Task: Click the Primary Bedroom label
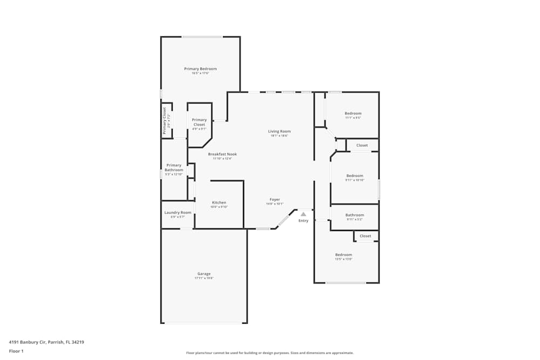pyautogui.click(x=200, y=69)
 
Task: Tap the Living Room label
pyautogui.click(x=279, y=131)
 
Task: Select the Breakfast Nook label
pyautogui.click(x=222, y=154)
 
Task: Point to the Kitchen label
pyautogui.click(x=219, y=202)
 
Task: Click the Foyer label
pyautogui.click(x=274, y=199)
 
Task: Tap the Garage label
pyautogui.click(x=204, y=274)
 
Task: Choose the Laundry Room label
pyautogui.click(x=178, y=213)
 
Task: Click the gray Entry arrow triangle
pyautogui.click(x=303, y=214)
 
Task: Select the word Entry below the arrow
pyautogui.click(x=303, y=220)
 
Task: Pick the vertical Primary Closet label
pyautogui.click(x=165, y=120)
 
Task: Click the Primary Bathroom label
pyautogui.click(x=174, y=167)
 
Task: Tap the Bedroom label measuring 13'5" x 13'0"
pyautogui.click(x=343, y=255)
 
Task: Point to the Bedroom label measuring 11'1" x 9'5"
pyautogui.click(x=353, y=113)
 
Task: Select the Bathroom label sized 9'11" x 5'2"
pyautogui.click(x=355, y=215)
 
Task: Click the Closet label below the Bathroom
pyautogui.click(x=366, y=236)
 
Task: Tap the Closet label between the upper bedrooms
pyautogui.click(x=362, y=145)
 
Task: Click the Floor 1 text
pyautogui.click(x=16, y=351)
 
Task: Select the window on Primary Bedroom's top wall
pyautogui.click(x=202, y=37)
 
